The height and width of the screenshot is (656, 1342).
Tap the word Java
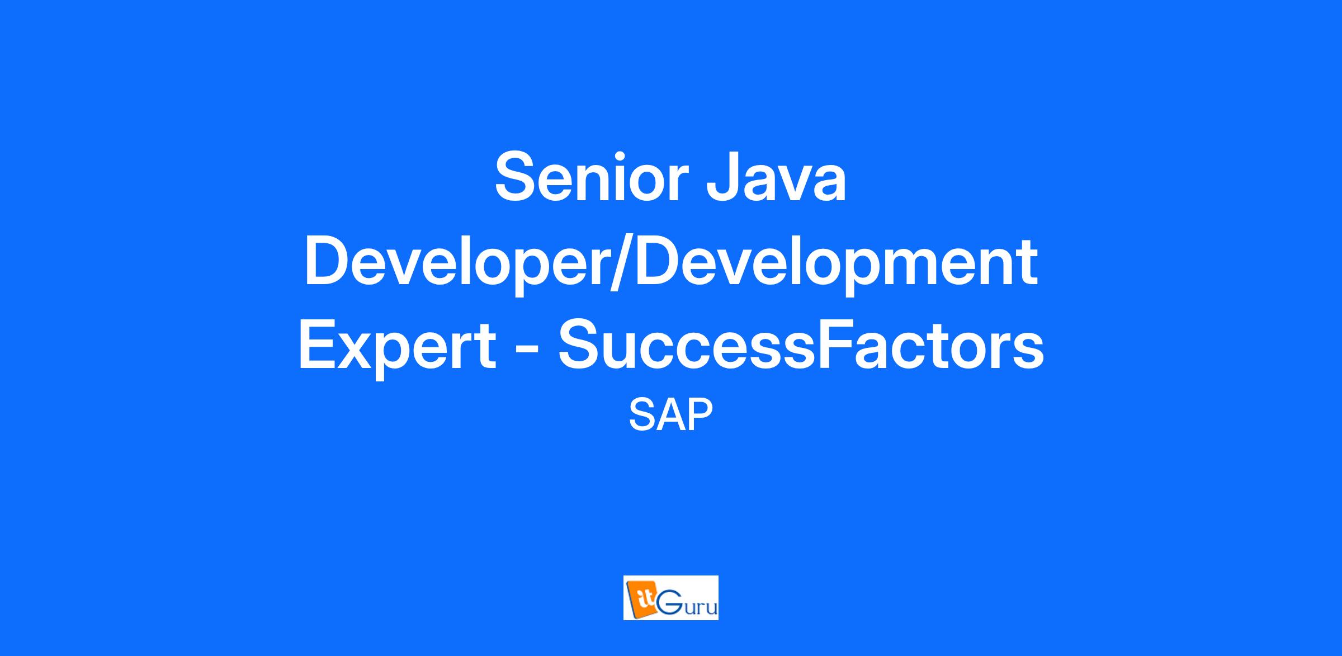pos(777,177)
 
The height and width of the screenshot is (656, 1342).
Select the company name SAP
pos(670,415)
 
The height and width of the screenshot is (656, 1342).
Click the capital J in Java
pos(724,177)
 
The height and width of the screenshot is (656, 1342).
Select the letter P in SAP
pos(701,415)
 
